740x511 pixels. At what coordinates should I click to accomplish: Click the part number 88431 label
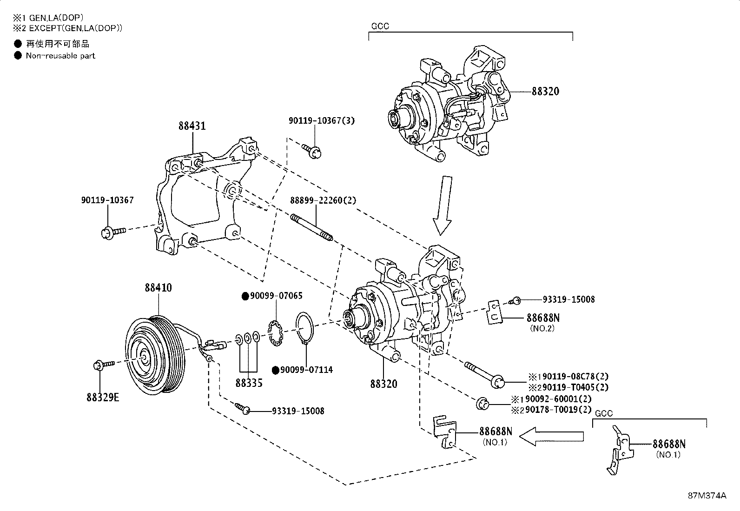[x=192, y=126]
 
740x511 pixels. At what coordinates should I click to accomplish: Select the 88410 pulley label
[x=158, y=288]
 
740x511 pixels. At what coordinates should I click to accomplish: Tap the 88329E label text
[x=102, y=398]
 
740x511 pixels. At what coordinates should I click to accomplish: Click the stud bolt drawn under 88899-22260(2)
[x=311, y=228]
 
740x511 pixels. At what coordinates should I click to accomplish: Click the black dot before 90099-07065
[x=245, y=296]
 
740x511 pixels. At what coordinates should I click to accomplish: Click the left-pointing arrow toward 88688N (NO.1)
[x=551, y=436]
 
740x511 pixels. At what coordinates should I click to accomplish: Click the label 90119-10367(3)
[x=321, y=121]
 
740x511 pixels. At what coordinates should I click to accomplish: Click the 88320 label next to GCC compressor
[x=546, y=92]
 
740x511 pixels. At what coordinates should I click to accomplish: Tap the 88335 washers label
[x=249, y=383]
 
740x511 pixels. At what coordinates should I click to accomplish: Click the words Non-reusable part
[x=60, y=56]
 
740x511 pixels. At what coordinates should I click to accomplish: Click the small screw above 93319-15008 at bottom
[x=243, y=408]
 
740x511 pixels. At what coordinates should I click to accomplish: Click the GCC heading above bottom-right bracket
[x=604, y=413]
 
